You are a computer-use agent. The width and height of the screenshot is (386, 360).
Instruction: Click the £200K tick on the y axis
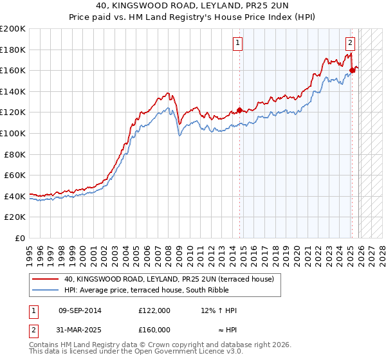coord(13,29)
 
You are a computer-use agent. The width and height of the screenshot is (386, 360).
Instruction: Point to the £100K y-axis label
coord(13,133)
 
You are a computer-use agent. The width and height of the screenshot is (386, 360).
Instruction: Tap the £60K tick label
coord(15,175)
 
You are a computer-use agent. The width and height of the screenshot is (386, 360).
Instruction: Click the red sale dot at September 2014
coord(240,111)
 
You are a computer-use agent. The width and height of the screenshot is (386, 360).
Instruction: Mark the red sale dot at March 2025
coord(353,71)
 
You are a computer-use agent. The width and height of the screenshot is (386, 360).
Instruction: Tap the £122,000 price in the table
coord(154,310)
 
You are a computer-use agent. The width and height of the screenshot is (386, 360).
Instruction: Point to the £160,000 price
coord(154,329)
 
